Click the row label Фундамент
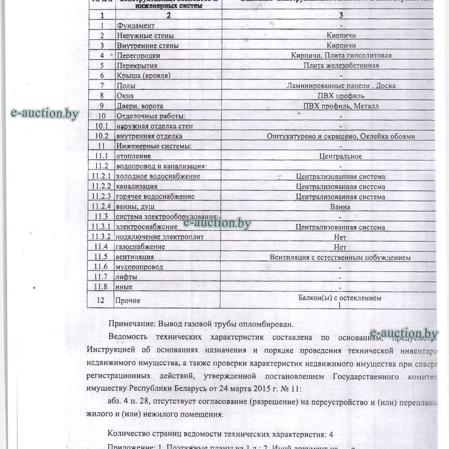pyautogui.click(x=135, y=26)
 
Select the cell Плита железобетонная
pyautogui.click(x=341, y=65)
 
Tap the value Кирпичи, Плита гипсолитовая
pyautogui.click(x=341, y=55)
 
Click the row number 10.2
pyautogui.click(x=101, y=136)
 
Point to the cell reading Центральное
pyautogui.click(x=340, y=156)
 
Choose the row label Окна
pyautogui.click(x=125, y=96)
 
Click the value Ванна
pyautogui.click(x=340, y=207)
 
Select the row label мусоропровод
pyautogui.click(x=139, y=267)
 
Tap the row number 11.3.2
pyautogui.click(x=101, y=237)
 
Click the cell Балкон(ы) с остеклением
pyautogui.click(x=340, y=298)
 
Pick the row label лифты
pyautogui.click(x=126, y=277)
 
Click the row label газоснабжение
pyautogui.click(x=140, y=247)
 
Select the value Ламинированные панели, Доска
pyautogui.click(x=341, y=86)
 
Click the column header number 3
pyautogui.click(x=341, y=15)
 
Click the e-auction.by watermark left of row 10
pyautogui.click(x=45, y=113)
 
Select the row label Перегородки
pyautogui.click(x=138, y=56)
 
